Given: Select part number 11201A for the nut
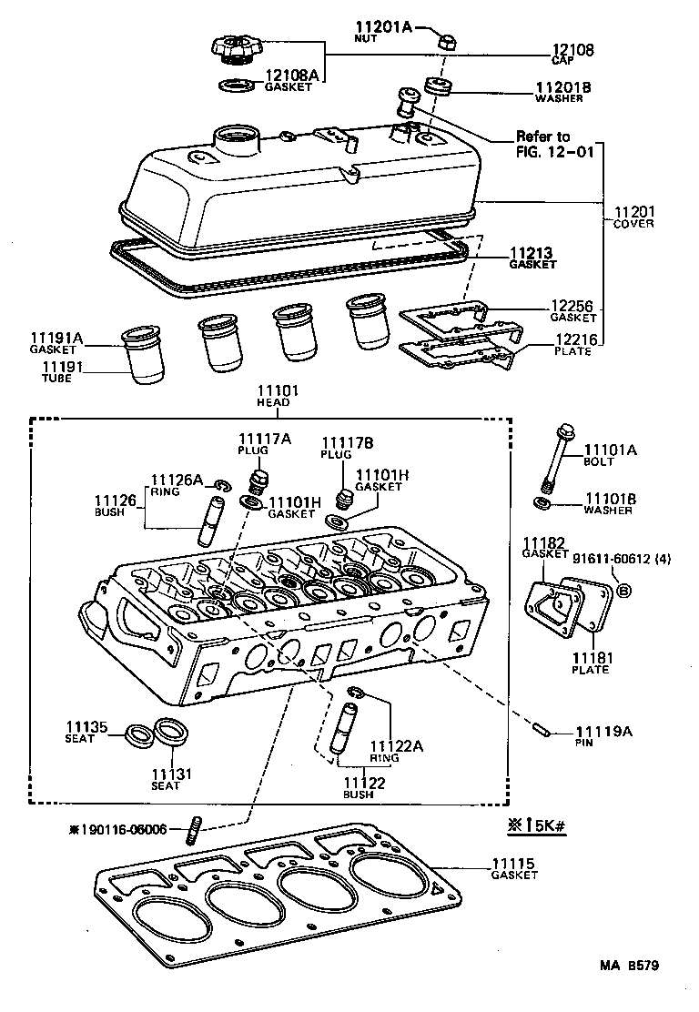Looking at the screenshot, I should [x=383, y=27].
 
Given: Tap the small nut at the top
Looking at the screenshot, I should [x=446, y=40].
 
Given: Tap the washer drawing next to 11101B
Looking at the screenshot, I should [x=542, y=503].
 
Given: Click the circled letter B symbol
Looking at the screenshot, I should [x=624, y=592].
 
